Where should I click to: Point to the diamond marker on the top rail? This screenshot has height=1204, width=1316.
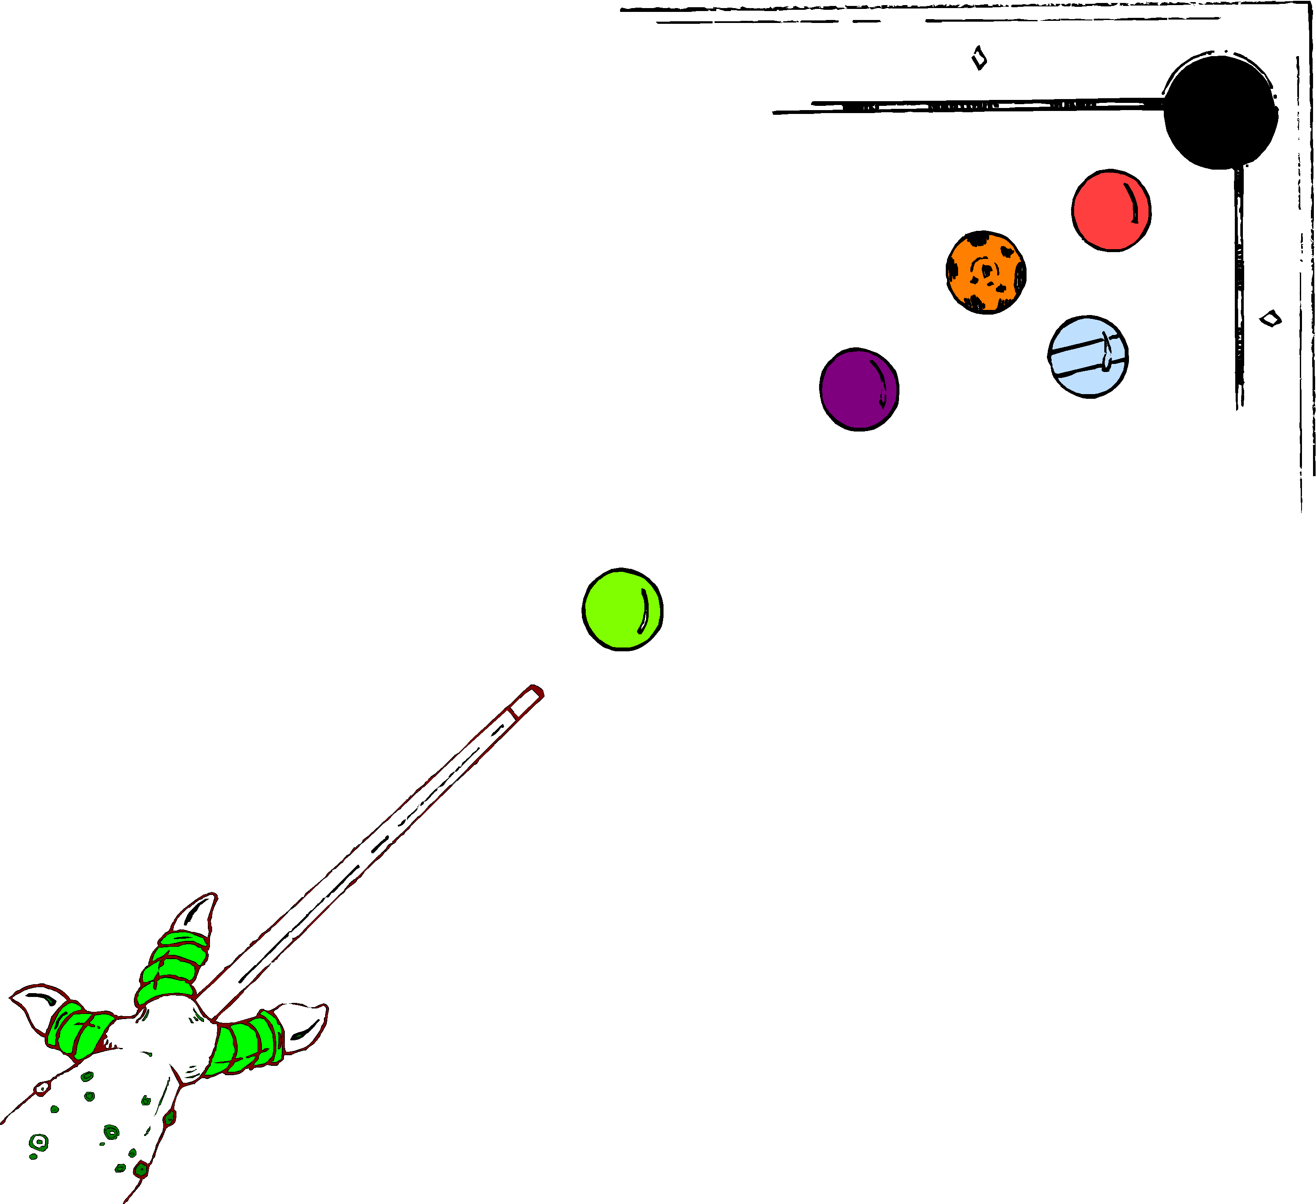tap(978, 58)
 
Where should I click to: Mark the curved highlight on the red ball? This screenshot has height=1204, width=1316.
tap(1131, 202)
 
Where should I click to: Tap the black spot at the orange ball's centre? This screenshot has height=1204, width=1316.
tap(986, 270)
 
